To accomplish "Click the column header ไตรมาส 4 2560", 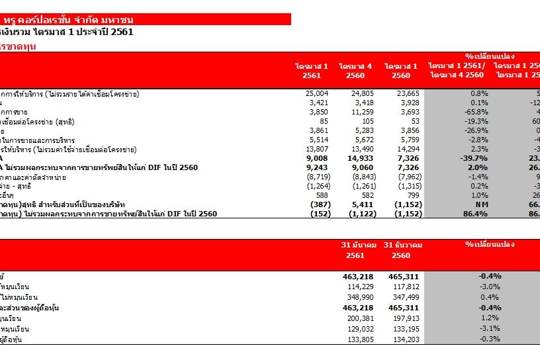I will [355, 71].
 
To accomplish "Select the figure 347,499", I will [406, 296].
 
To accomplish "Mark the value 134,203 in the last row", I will [406, 339].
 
